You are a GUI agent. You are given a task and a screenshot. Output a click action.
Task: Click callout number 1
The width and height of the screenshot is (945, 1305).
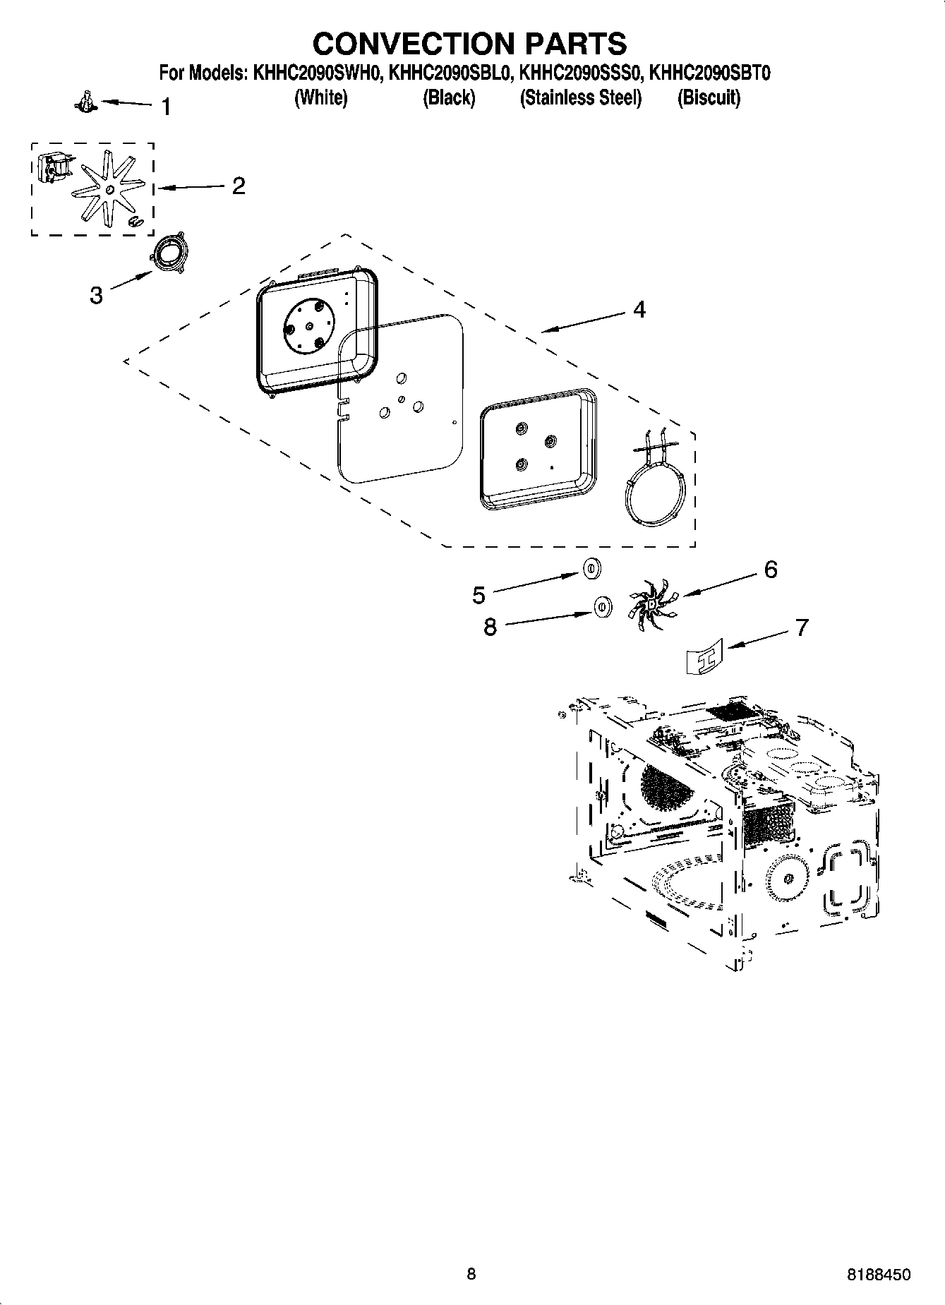pyautogui.click(x=166, y=107)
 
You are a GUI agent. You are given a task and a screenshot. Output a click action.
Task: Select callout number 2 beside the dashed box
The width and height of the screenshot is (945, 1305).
pyautogui.click(x=239, y=186)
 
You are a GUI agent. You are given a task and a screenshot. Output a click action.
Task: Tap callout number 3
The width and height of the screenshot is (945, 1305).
pyautogui.click(x=96, y=295)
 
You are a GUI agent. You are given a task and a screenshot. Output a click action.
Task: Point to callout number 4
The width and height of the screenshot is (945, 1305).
pyautogui.click(x=639, y=309)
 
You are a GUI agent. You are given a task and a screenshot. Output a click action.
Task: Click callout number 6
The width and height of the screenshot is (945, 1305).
pyautogui.click(x=771, y=569)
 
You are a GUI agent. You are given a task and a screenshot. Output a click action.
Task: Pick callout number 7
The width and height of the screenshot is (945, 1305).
pyautogui.click(x=802, y=627)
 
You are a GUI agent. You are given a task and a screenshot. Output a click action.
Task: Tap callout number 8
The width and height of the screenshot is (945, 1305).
pyautogui.click(x=490, y=626)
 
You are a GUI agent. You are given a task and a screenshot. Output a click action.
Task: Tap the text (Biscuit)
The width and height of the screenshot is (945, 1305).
pyautogui.click(x=709, y=97)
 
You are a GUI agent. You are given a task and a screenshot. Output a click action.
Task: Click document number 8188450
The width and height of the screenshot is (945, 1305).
pyautogui.click(x=878, y=1274)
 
